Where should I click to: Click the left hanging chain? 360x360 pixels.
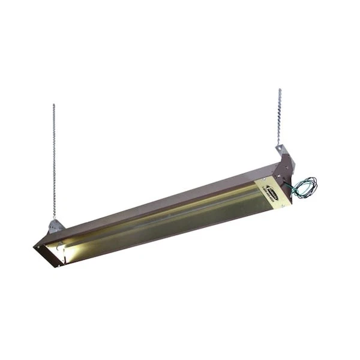[x=53, y=162]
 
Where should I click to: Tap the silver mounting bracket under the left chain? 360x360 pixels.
[x=56, y=226]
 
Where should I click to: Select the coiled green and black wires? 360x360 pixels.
[x=305, y=188]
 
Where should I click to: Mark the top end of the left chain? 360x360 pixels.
[x=53, y=106]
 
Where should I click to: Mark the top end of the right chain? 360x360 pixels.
[x=280, y=90]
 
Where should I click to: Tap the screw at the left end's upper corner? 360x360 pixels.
[x=37, y=244]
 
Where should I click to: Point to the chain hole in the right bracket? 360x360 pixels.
[x=280, y=148]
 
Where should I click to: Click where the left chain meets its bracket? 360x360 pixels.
[x=54, y=220]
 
